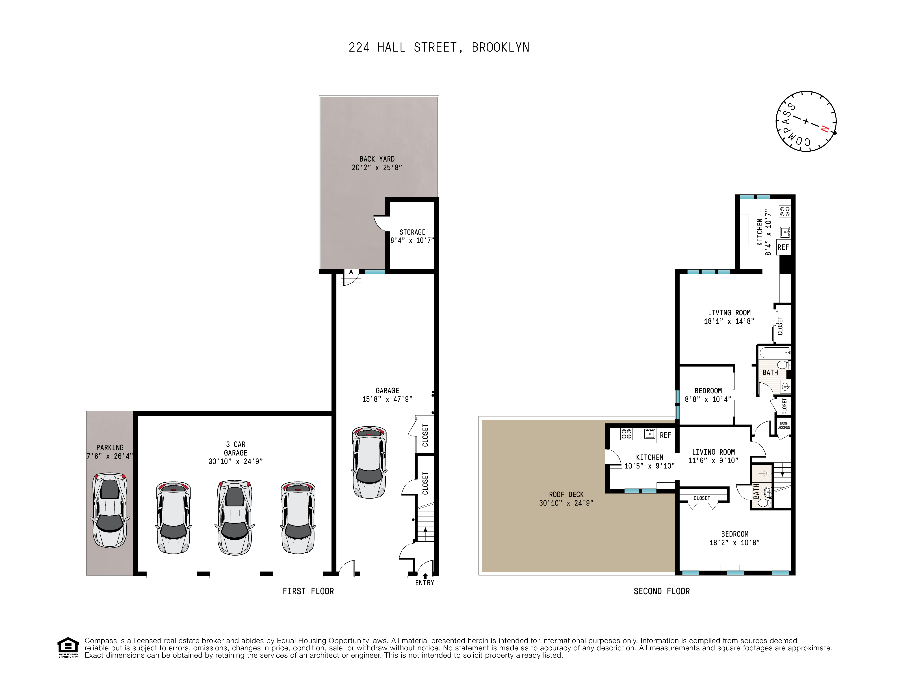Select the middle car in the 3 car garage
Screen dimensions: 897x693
(x=234, y=517)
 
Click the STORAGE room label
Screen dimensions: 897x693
(x=412, y=232)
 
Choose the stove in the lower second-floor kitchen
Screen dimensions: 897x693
(x=626, y=434)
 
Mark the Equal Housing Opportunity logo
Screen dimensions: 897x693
(x=68, y=648)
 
